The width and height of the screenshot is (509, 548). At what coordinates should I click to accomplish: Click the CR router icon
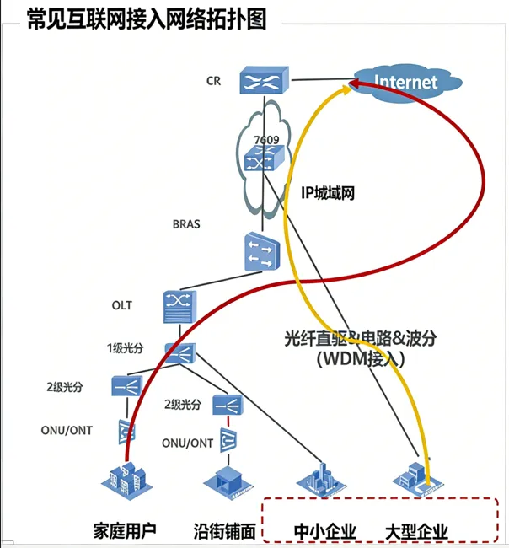262,81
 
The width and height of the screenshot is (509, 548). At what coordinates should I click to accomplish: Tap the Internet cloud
406,81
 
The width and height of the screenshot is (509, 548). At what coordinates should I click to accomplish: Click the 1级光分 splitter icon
181,352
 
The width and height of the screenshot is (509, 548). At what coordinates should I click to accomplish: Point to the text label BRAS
186,225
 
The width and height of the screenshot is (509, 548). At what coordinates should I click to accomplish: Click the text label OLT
121,304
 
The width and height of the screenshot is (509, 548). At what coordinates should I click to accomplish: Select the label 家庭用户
125,531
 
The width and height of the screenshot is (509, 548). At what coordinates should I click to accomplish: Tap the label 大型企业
415,531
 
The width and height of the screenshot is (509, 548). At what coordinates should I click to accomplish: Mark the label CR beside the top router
213,82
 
